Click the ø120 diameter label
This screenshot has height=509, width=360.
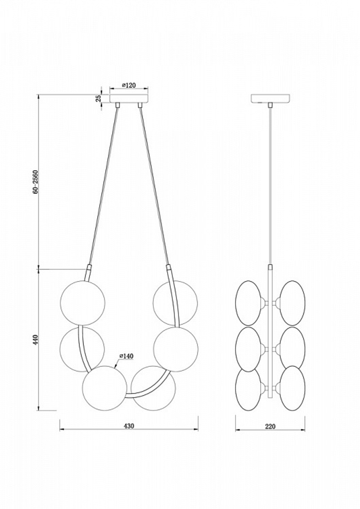(x=128, y=85)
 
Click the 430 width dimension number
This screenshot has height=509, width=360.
(x=129, y=426)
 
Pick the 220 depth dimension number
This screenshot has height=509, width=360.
(x=270, y=427)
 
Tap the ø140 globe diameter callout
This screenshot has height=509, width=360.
(x=127, y=356)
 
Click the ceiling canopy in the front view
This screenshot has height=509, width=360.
(x=129, y=98)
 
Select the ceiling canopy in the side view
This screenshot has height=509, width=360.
(x=270, y=98)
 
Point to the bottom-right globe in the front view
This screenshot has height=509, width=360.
(x=153, y=388)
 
